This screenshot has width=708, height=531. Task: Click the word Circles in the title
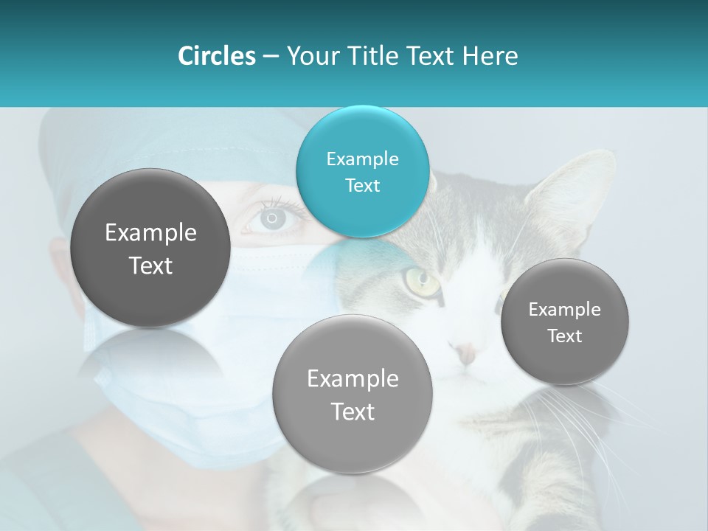[x=217, y=56]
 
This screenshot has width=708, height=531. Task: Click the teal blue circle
[x=362, y=171]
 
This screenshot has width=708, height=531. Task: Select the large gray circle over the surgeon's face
[x=150, y=248]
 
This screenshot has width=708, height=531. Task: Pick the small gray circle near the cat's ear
[x=564, y=322]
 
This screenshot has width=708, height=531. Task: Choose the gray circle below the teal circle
[x=352, y=394]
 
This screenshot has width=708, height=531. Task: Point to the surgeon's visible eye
[x=272, y=218]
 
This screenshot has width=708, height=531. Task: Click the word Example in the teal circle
[x=362, y=159]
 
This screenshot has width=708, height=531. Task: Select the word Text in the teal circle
[x=362, y=185]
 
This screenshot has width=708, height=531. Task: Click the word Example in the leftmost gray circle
[x=150, y=233]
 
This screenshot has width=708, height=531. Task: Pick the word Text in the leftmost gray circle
[x=150, y=265]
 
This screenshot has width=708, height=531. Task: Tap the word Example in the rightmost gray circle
[x=564, y=309]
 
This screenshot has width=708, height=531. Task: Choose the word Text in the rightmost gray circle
[x=564, y=336]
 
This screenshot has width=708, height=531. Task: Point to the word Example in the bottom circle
[x=353, y=379]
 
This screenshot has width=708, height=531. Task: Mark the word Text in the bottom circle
[x=353, y=412]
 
